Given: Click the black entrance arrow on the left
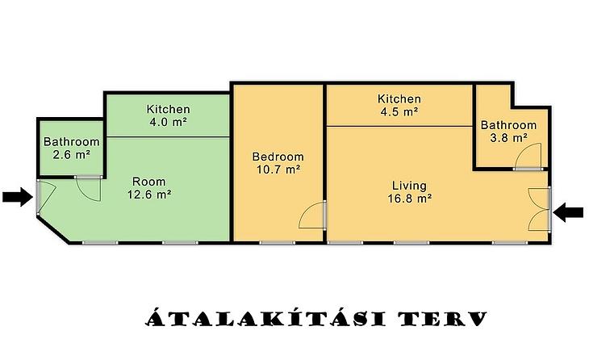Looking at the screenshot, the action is tap(18, 197).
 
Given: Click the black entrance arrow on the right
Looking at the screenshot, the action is tap(569, 212).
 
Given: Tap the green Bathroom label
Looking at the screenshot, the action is tap(71, 142).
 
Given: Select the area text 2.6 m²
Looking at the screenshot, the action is tap(71, 154).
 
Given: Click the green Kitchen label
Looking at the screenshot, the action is tap(168, 109).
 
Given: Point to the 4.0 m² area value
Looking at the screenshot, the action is tap(168, 122).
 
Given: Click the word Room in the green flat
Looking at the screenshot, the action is tap(148, 182).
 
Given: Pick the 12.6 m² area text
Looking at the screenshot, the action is tap(149, 195).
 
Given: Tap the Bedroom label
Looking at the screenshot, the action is tap(278, 157).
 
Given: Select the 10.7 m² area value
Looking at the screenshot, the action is tap(278, 170).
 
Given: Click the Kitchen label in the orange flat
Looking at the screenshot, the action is tap(399, 98).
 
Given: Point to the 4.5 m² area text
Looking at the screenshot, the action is tap(399, 111).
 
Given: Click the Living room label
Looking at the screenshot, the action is tap(409, 186).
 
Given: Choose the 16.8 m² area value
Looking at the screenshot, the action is tap(409, 199).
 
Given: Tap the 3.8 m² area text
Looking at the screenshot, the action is tap(508, 138).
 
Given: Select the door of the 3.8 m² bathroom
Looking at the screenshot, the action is tap(528, 156).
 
